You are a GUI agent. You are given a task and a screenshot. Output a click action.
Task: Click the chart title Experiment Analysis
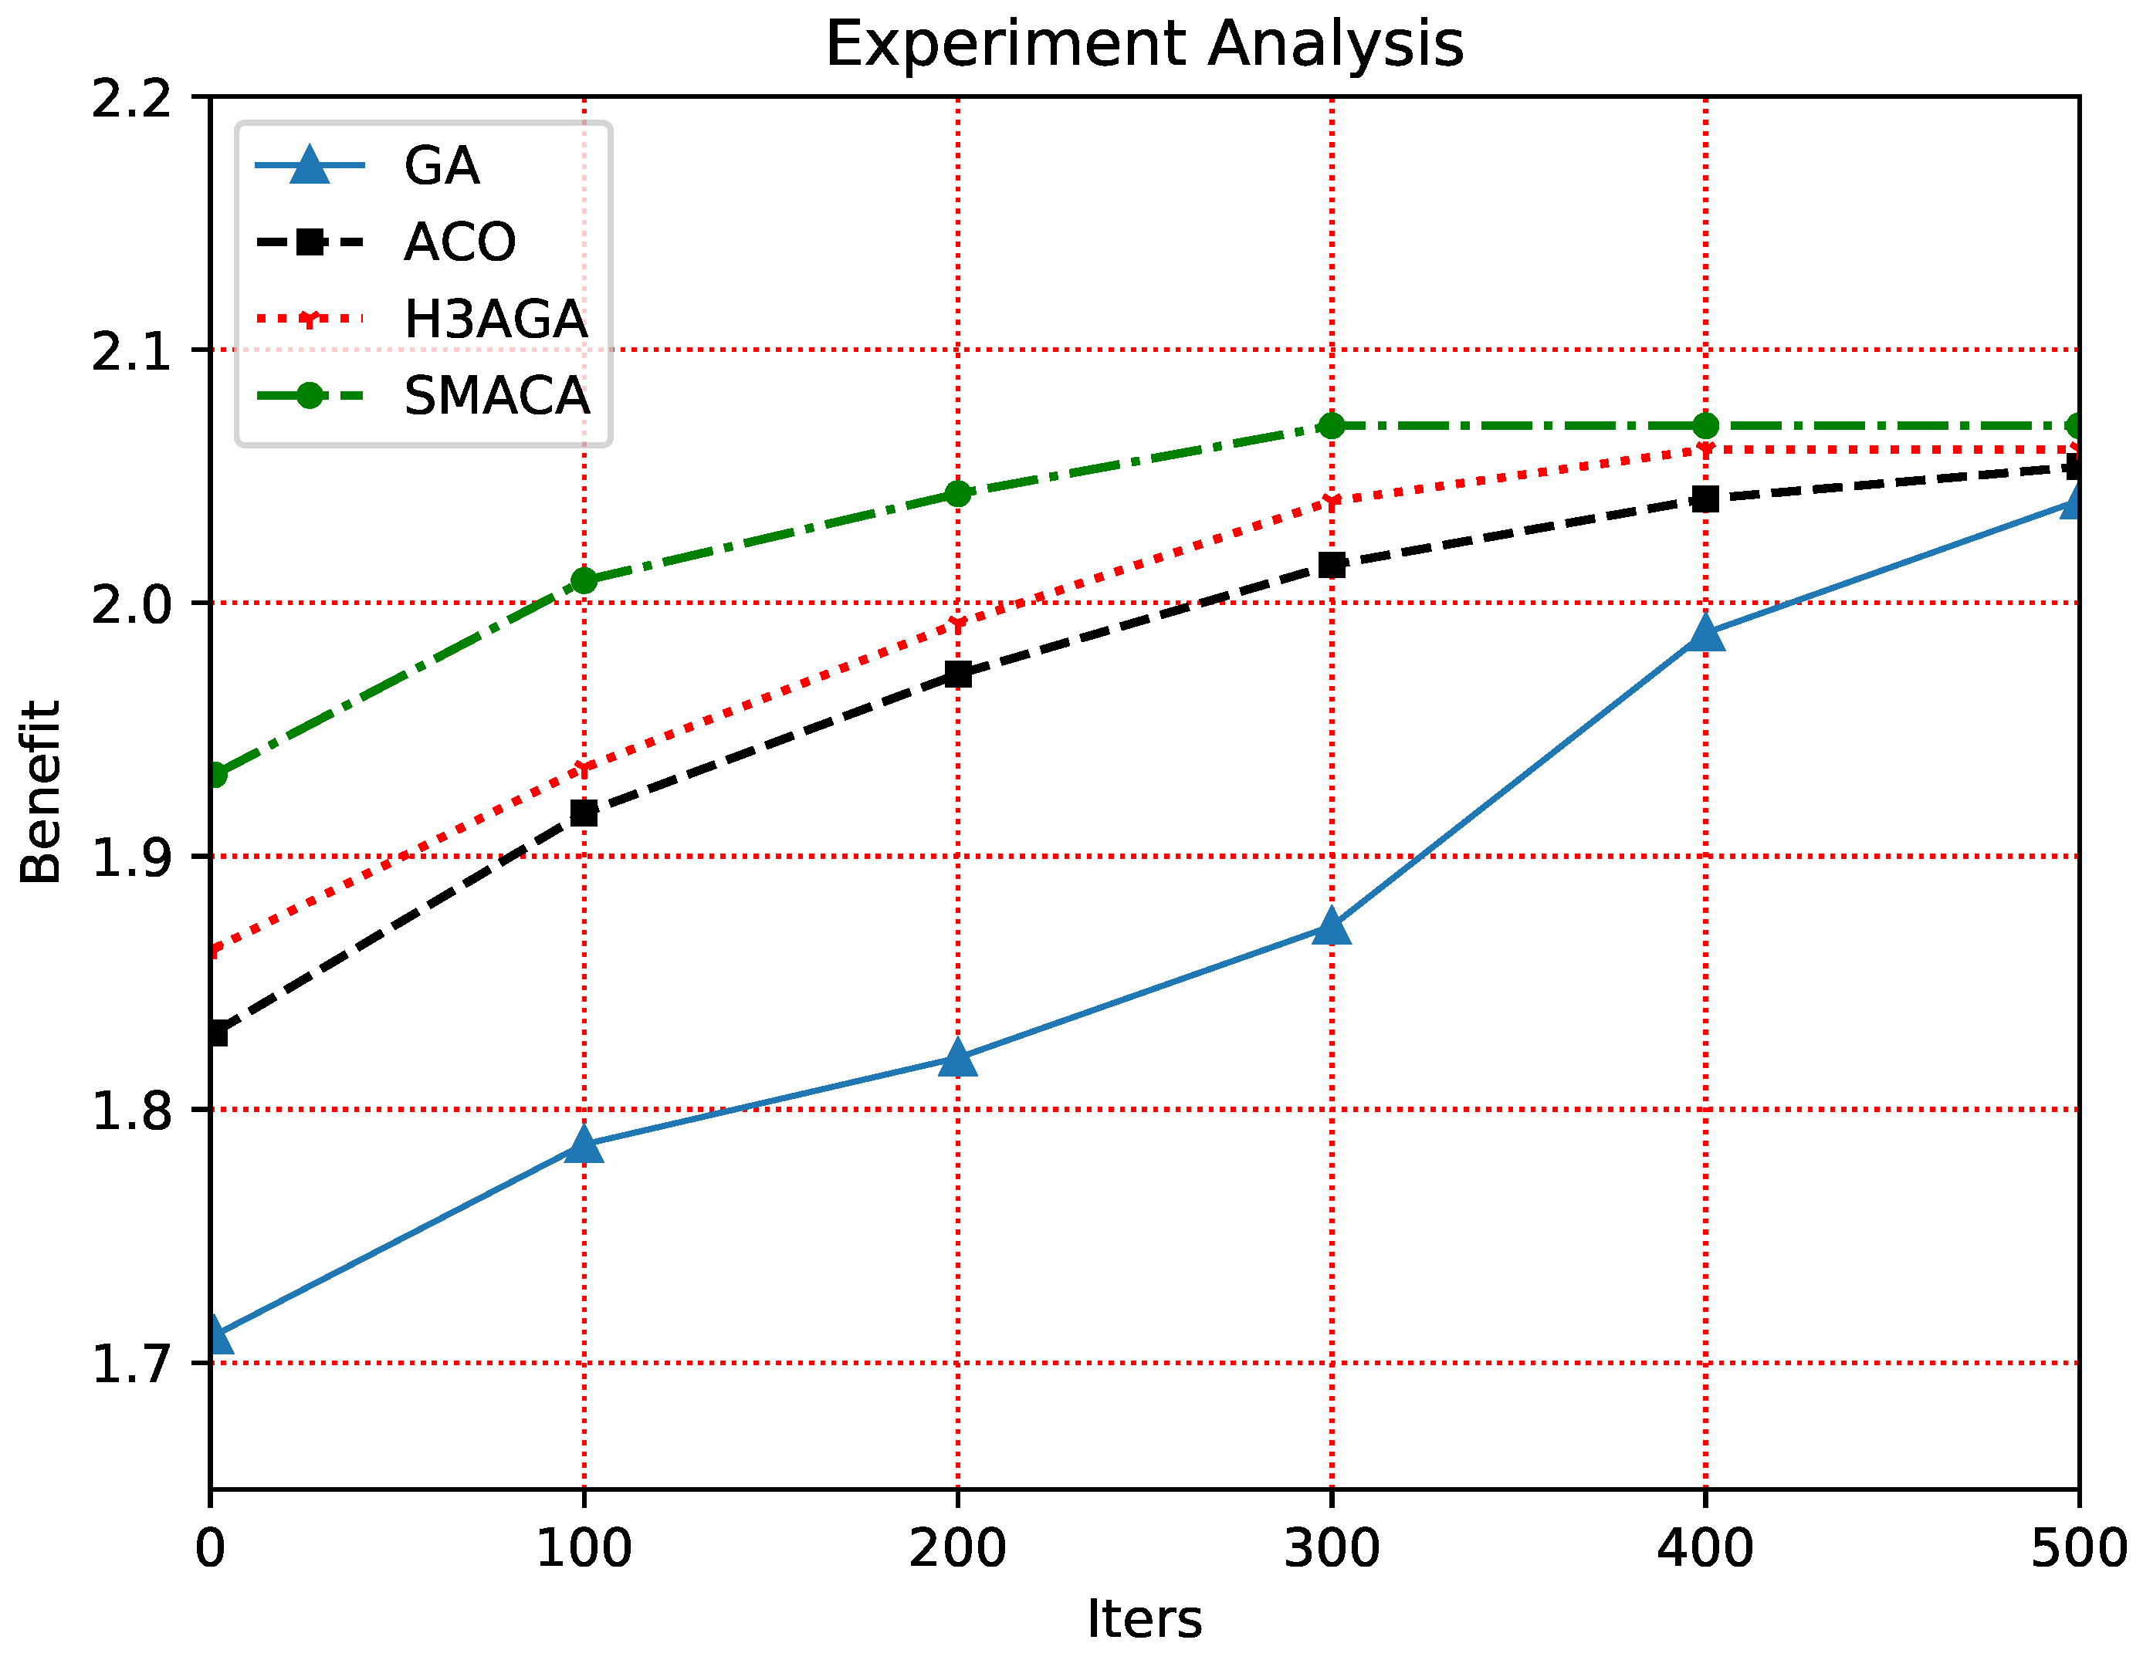[1144, 44]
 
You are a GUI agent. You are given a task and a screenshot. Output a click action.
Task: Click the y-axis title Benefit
[41, 792]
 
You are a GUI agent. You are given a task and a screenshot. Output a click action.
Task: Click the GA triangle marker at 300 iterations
[1332, 925]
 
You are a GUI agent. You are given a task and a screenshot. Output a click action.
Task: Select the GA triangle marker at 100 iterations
[584, 1143]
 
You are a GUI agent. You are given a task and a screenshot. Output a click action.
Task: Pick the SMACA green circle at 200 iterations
[958, 493]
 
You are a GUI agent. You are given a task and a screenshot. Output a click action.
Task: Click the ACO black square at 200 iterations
[958, 674]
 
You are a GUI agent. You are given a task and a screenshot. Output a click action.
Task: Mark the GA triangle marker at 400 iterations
[1705, 634]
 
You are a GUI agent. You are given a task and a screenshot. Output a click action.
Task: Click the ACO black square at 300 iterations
[1332, 565]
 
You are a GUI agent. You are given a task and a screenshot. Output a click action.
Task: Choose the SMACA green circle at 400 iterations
[1705, 426]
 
